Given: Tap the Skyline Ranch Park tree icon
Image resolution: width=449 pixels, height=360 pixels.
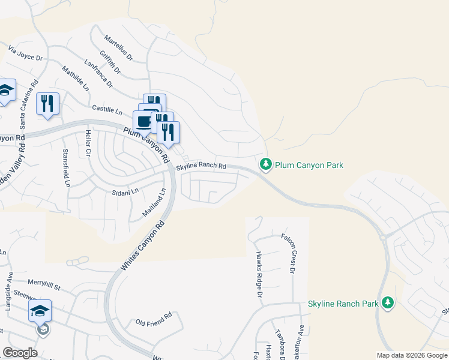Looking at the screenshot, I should point(388,303).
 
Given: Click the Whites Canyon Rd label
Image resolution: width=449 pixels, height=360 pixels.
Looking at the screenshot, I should point(142,246).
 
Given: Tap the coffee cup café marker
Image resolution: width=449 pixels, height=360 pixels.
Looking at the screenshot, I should point(143,122).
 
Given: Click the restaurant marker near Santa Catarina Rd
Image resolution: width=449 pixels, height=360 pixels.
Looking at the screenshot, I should point(47,104).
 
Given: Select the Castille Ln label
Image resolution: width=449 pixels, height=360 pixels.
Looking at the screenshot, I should point(107,109).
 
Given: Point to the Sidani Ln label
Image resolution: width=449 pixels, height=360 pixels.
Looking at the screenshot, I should point(125,191).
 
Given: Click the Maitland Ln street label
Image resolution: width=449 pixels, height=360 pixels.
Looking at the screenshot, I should point(154,203).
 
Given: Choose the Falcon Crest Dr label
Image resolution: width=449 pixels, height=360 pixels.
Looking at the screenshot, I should point(288,254).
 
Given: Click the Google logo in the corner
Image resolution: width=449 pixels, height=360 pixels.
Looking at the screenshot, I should point(20,353).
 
